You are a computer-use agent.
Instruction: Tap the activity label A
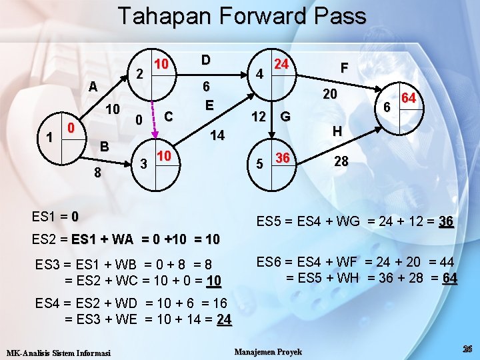point(94,86)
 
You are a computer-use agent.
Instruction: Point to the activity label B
point(103,146)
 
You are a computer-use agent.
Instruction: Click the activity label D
point(206,60)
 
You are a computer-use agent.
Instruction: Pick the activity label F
point(345,67)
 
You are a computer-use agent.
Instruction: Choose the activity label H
point(338,132)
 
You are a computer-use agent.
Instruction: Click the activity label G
point(285,117)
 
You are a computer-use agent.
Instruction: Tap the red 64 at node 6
point(409,99)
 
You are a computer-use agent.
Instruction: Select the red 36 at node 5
point(282,158)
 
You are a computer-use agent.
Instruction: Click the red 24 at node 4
point(281,65)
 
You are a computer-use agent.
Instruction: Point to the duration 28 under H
point(341,161)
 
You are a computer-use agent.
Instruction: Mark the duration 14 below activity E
point(217,136)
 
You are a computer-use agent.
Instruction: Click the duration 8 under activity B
point(98,173)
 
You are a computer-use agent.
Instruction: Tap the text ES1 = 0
point(55,217)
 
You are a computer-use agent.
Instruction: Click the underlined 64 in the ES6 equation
point(449,278)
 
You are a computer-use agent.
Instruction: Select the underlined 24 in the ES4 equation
point(223,320)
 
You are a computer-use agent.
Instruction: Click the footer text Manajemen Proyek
point(269,351)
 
